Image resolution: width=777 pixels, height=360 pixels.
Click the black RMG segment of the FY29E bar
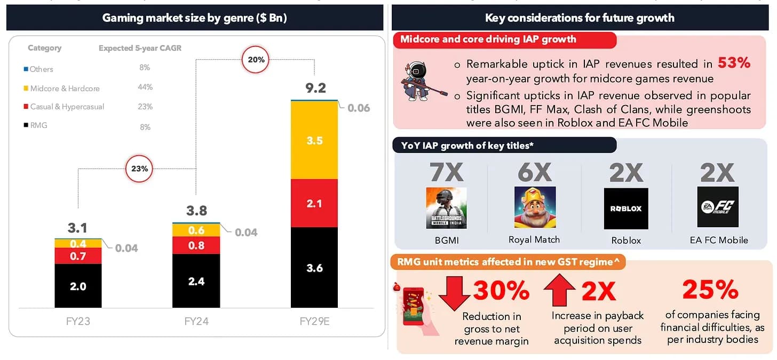pyautogui.click(x=314, y=268)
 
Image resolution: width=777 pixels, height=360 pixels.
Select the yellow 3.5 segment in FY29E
pyautogui.click(x=314, y=140)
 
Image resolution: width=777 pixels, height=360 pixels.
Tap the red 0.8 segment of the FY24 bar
pyautogui.click(x=196, y=246)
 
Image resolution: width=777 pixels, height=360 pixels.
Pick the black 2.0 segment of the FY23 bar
pyautogui.click(x=78, y=286)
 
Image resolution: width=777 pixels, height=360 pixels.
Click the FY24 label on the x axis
pyautogui.click(x=196, y=322)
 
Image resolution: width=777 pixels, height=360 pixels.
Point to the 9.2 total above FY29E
pyautogui.click(x=315, y=87)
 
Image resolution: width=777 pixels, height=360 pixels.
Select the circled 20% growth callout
pyautogui.click(x=256, y=60)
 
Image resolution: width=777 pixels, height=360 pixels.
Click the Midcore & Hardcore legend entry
pyautogui.click(x=64, y=88)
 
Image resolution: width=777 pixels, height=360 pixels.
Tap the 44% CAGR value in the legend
pyautogui.click(x=145, y=87)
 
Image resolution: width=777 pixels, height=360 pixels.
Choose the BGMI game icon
pyautogui.click(x=446, y=208)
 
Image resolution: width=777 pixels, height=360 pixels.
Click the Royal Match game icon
pyautogui.click(x=535, y=208)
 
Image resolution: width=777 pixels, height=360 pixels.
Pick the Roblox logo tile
pyautogui.click(x=626, y=208)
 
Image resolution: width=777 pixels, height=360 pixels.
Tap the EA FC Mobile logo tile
pyautogui.click(x=718, y=207)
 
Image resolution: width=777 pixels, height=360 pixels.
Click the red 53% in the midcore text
pyautogui.click(x=734, y=63)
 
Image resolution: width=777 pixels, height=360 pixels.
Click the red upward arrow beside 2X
pyautogui.click(x=560, y=291)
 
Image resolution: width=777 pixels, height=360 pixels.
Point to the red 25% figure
pyautogui.click(x=710, y=290)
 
